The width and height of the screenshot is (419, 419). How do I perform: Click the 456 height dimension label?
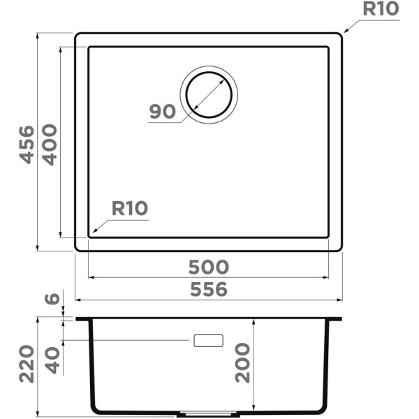coord(27,145)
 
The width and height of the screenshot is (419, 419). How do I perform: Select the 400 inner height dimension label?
coord(50,145)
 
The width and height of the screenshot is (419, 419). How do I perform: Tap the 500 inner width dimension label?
coord(209,267)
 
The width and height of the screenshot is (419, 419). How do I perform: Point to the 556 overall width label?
coord(209,289)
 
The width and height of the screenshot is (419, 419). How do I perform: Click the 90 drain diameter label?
coord(163,112)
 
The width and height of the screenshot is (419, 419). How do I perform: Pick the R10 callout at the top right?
coord(381,8)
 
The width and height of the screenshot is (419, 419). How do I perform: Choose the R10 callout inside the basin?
coord(130,208)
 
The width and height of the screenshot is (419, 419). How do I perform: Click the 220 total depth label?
coord(27,364)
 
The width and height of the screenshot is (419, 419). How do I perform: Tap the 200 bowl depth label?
coord(242,363)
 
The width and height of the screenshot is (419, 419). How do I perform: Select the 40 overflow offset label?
coord(52,360)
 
